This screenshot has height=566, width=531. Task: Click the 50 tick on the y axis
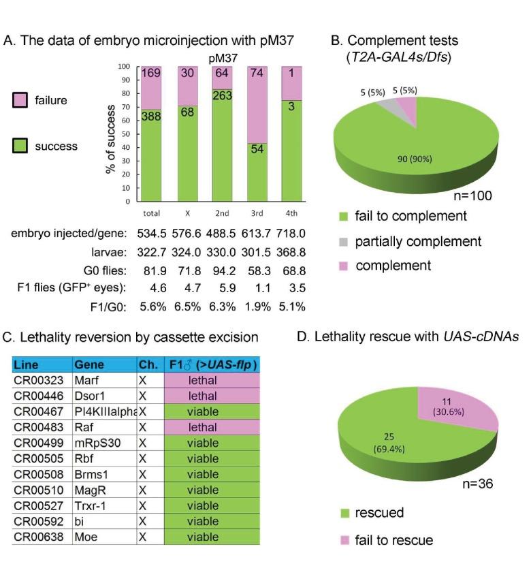tap(126, 135)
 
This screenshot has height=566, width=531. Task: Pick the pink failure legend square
tap(20, 101)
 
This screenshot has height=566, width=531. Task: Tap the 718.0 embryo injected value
tap(291, 233)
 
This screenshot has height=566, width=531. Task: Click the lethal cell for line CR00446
tap(211, 396)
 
